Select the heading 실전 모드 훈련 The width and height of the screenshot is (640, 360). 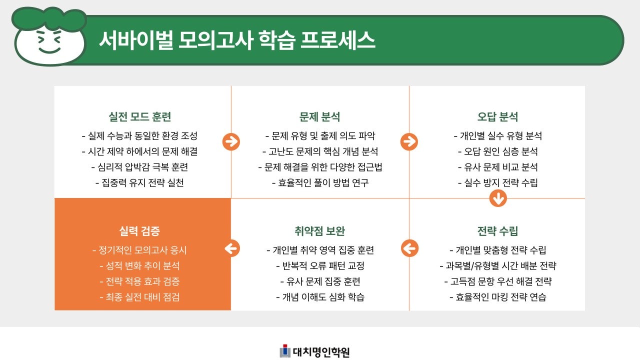pyautogui.click(x=140, y=117)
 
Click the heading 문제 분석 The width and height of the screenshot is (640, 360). pyautogui.click(x=320, y=117)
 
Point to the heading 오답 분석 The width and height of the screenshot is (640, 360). pyautogui.click(x=497, y=117)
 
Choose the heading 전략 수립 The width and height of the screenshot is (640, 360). pyautogui.click(x=497, y=231)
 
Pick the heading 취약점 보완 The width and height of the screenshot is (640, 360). pyautogui.click(x=320, y=231)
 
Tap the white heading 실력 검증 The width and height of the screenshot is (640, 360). pyautogui.click(x=140, y=231)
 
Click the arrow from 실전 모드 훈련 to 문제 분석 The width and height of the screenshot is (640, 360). pyautogui.click(x=231, y=142)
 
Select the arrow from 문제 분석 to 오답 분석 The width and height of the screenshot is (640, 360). pyautogui.click(x=409, y=142)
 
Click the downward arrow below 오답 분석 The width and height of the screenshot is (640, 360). pyautogui.click(x=498, y=198)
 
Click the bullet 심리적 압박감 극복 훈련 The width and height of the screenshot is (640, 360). pyautogui.click(x=140, y=167)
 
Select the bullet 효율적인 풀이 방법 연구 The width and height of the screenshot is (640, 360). pyautogui.click(x=320, y=182)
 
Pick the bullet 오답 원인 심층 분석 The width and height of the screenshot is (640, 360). pyautogui.click(x=497, y=151)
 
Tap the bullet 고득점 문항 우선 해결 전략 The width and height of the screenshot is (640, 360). pyautogui.click(x=497, y=281)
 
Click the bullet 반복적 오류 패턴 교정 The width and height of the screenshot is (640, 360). pyautogui.click(x=320, y=266)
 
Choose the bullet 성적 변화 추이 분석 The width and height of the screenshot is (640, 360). pyautogui.click(x=140, y=266)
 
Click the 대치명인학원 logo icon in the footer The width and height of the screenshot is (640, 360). pyautogui.click(x=285, y=351)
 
